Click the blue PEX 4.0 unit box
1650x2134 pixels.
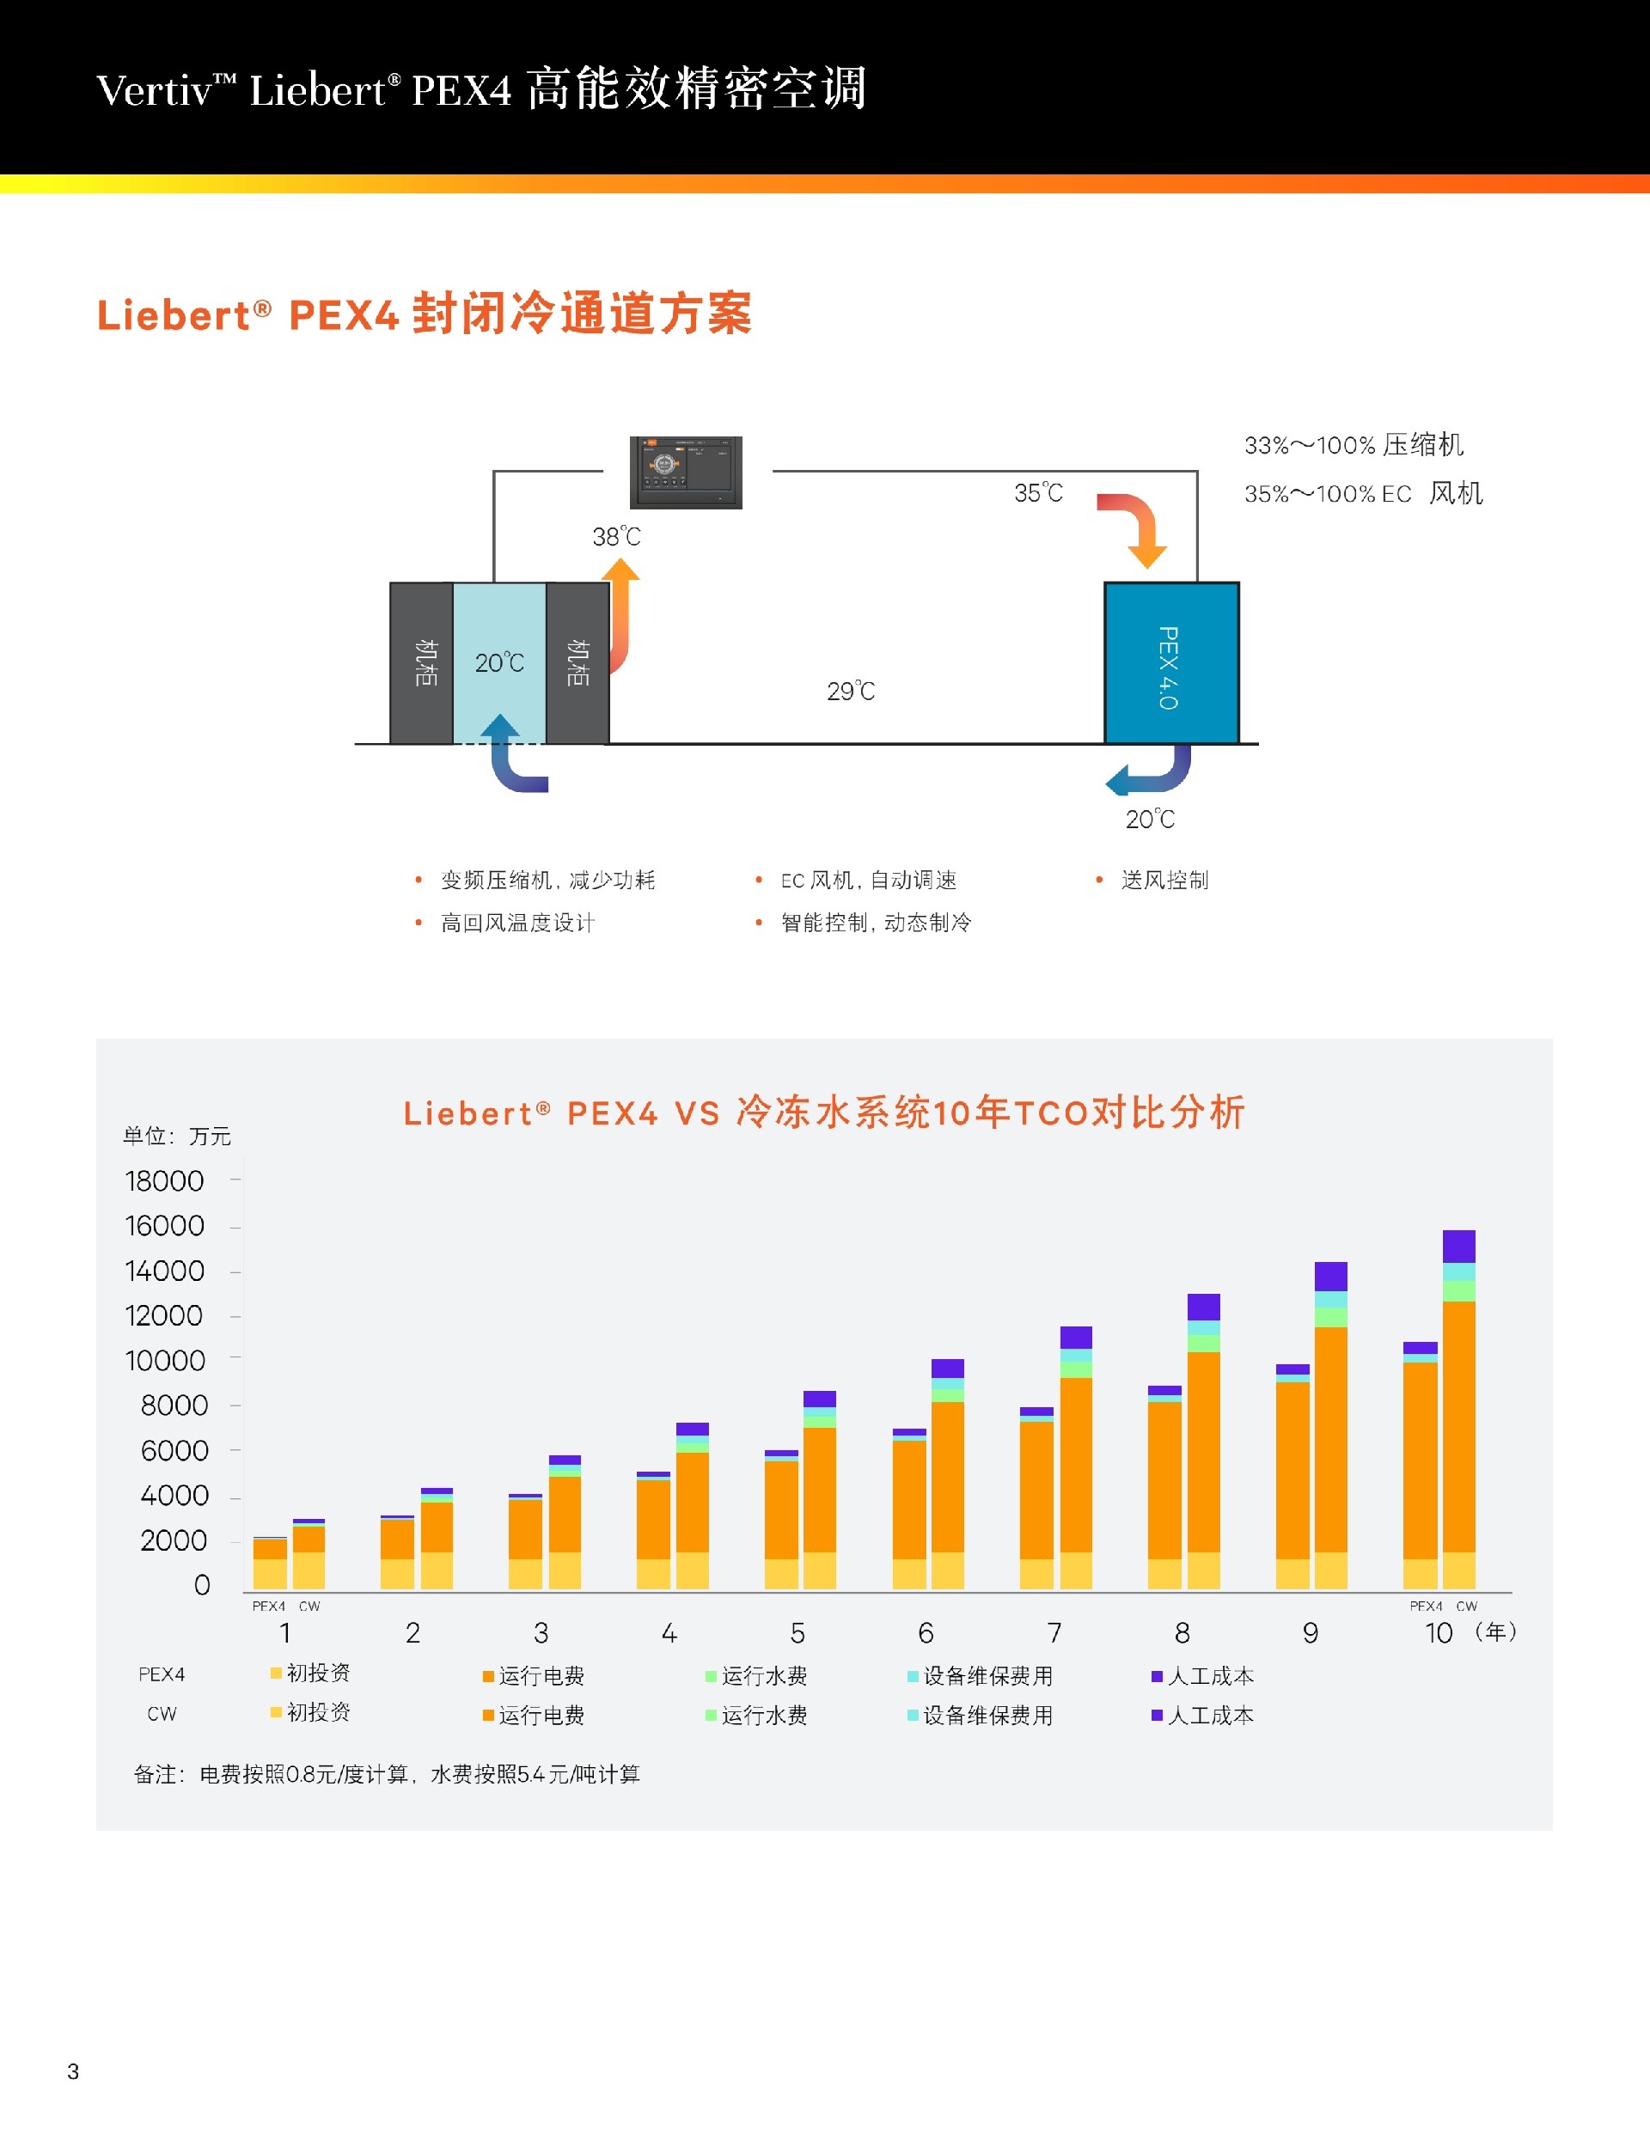1171,663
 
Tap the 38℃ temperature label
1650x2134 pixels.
616,536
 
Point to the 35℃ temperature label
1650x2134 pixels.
1038,492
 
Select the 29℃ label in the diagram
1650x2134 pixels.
851,692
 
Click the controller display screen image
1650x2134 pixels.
685,472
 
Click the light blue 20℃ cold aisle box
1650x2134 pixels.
499,662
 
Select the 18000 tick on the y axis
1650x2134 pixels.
164,1181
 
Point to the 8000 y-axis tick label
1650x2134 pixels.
174,1406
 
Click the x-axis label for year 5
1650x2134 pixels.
797,1633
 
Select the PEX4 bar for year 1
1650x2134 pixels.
270,1563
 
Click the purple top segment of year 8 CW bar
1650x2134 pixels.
1203,1308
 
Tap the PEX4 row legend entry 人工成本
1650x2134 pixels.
1209,1677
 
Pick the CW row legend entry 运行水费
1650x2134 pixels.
763,1716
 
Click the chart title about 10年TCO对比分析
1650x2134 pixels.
824,1113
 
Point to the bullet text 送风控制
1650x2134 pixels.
1164,881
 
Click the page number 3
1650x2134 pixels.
73,2071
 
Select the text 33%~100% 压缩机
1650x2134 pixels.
1354,446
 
